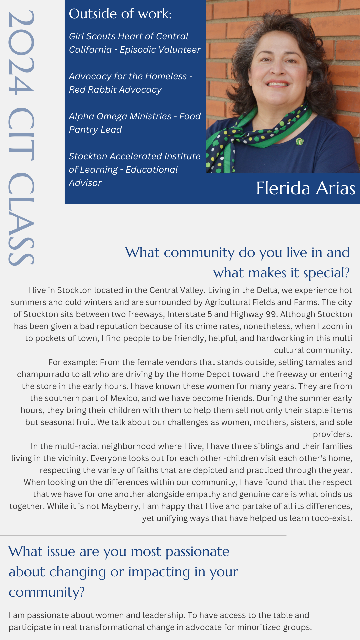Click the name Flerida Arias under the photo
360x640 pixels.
305,188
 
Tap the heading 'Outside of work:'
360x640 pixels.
120,14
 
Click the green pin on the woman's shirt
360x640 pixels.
300,141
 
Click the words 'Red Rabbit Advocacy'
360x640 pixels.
115,90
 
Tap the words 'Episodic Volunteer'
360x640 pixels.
160,50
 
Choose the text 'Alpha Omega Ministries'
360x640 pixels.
120,116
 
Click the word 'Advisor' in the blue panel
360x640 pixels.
85,183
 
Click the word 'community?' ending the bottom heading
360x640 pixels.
47,592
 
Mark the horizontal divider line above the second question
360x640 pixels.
143,535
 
